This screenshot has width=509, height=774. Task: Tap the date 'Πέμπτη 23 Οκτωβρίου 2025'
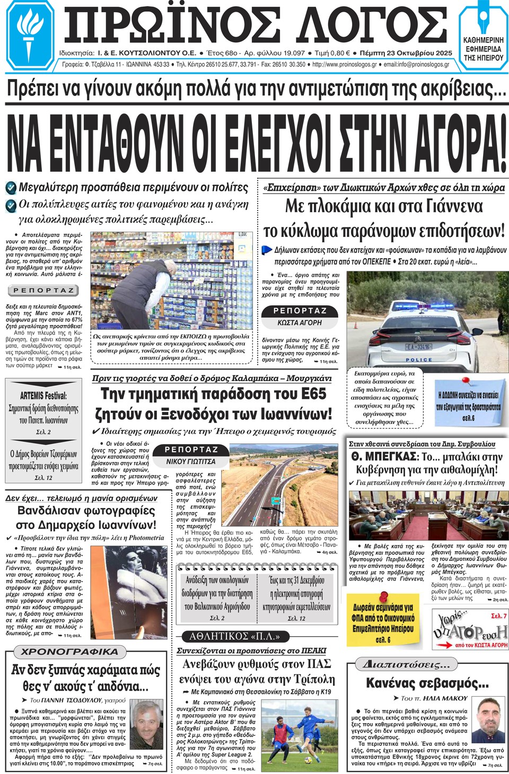click(406, 53)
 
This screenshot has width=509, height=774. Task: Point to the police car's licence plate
click(418, 347)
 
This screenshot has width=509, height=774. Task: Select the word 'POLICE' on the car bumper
click(419, 360)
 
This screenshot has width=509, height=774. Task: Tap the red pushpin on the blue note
click(467, 381)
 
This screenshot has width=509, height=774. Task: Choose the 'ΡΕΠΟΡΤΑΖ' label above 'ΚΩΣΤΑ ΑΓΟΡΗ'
click(300, 311)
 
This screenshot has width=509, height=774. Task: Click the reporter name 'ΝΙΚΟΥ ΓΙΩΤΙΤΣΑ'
click(191, 461)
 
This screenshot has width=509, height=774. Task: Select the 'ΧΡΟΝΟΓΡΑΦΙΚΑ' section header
click(62, 652)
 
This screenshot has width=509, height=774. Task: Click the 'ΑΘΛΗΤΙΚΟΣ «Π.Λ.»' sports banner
click(234, 636)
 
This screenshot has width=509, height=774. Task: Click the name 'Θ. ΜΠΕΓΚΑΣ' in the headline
click(383, 456)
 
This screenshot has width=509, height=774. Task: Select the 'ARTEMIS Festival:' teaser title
click(43, 395)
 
